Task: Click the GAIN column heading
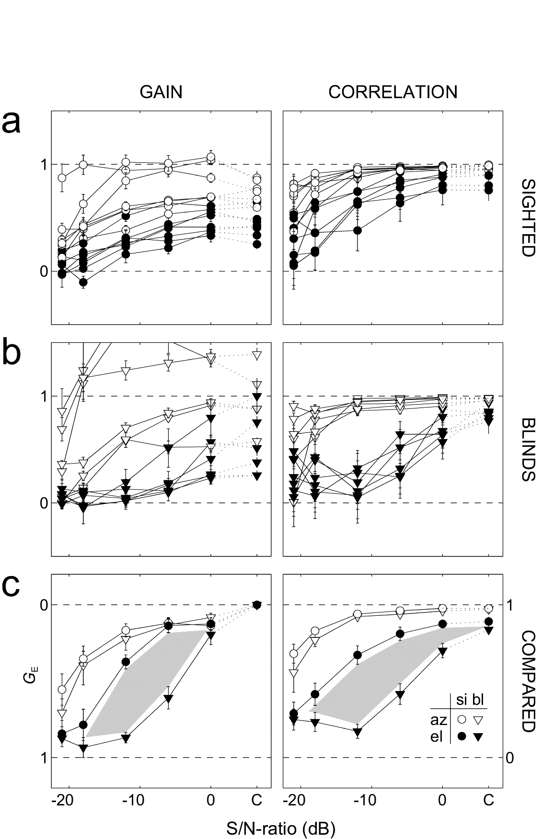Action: (161, 92)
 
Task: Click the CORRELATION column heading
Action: (393, 92)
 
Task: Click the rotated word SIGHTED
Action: (527, 218)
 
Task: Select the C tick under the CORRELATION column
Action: (488, 801)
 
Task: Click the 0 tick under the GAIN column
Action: (211, 801)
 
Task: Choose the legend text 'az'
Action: (439, 719)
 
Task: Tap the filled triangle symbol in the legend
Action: (478, 738)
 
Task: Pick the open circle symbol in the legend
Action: (462, 719)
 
